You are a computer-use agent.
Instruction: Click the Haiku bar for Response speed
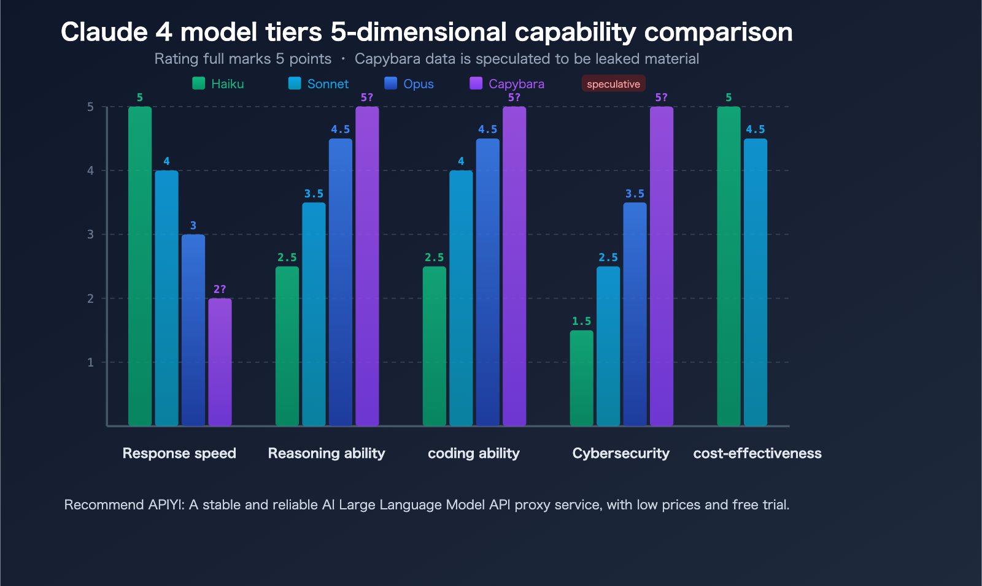(x=140, y=266)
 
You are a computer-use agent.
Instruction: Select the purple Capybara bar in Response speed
(x=220, y=362)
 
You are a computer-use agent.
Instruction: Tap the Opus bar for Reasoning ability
(x=341, y=282)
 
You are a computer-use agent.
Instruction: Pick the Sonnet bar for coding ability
(x=461, y=298)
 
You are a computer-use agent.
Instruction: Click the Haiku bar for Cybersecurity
(x=581, y=378)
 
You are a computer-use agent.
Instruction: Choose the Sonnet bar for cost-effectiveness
(x=756, y=282)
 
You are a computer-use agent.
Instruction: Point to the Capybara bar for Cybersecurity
(x=661, y=266)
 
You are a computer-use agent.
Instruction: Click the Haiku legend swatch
(x=198, y=83)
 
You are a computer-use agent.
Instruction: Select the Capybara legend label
(x=516, y=84)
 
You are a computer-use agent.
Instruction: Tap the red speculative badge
(x=613, y=84)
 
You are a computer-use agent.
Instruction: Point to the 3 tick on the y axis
(x=91, y=234)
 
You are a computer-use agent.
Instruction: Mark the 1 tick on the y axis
(x=91, y=362)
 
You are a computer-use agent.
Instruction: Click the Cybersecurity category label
(x=621, y=453)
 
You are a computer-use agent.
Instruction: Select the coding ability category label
(x=473, y=453)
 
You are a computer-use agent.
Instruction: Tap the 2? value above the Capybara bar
(x=220, y=289)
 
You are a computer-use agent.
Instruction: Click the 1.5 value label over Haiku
(x=581, y=321)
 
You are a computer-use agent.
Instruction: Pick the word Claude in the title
(x=104, y=32)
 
